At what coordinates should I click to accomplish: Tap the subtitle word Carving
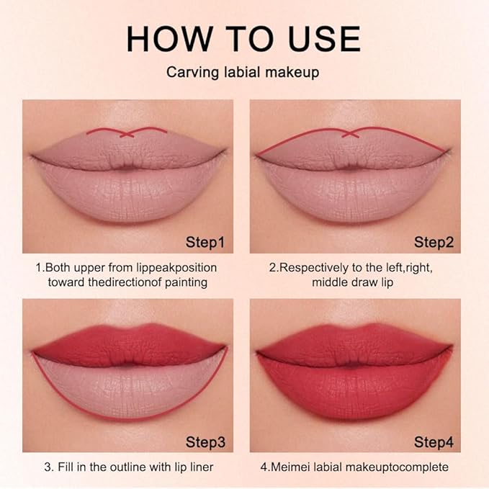[x=189, y=73]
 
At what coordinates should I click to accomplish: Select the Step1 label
[x=205, y=242]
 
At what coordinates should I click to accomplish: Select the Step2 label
[x=433, y=242]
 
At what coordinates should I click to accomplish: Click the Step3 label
[x=205, y=441]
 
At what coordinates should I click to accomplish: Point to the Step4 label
[x=433, y=441]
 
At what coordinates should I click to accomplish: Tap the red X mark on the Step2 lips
[x=351, y=133]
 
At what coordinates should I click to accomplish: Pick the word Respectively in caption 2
[x=311, y=267]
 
